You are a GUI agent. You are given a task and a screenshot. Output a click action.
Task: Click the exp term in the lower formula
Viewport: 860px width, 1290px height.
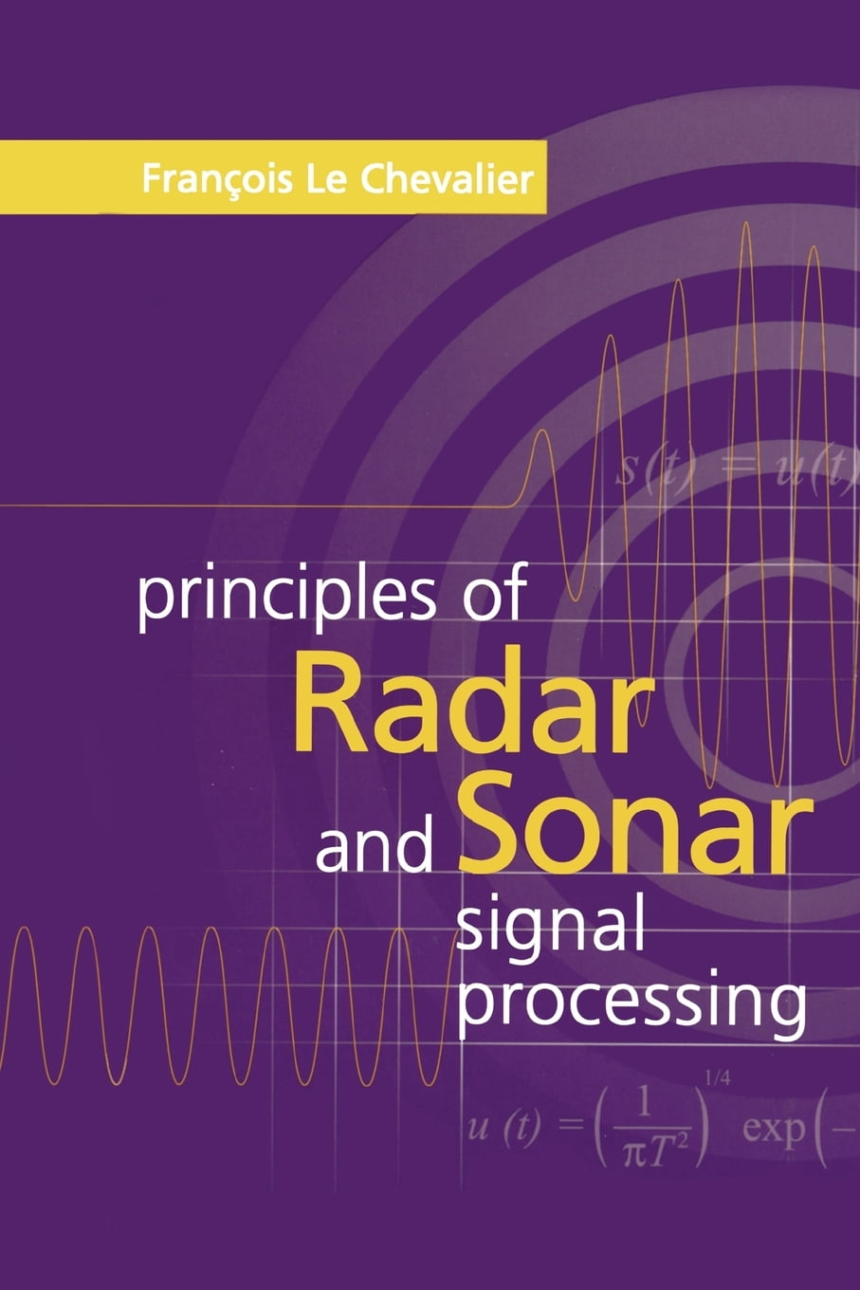click(773, 1131)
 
